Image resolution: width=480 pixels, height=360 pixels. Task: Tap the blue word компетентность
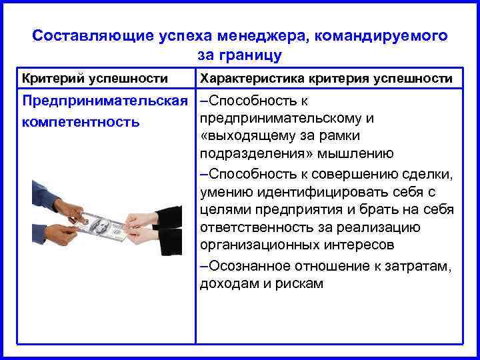[81, 122]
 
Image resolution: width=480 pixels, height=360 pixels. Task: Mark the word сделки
[430, 175]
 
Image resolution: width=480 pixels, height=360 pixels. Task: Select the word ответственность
[251, 227]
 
